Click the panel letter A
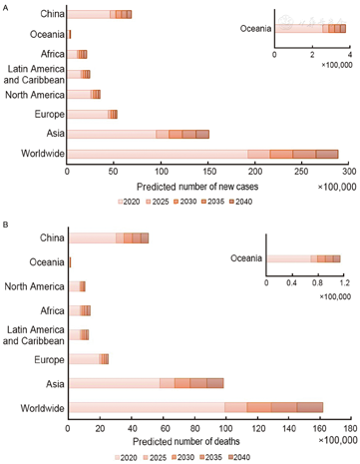[5, 6]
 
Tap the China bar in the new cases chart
[99, 14]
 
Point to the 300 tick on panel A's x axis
[339, 171]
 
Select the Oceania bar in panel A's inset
[310, 29]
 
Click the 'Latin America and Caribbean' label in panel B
[33, 334]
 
